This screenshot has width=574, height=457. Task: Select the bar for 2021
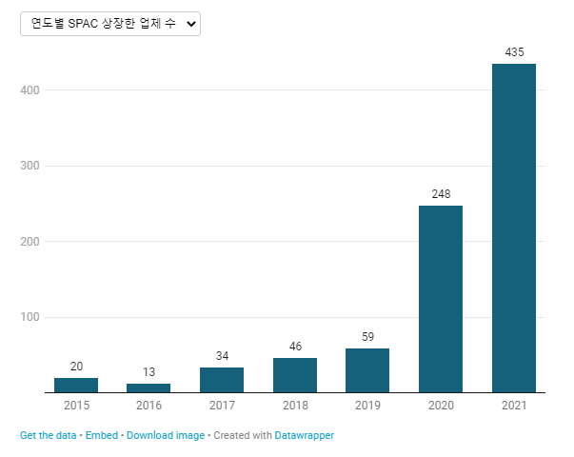[514, 228]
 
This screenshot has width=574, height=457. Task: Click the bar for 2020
[441, 299]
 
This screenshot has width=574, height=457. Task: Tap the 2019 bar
[367, 370]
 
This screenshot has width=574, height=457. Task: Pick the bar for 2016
[148, 387]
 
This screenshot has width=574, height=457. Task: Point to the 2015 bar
[76, 385]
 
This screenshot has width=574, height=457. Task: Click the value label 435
[514, 52]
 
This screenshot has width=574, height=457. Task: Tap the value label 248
[441, 193]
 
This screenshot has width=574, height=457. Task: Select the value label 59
[367, 336]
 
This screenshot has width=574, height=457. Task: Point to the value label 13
[148, 371]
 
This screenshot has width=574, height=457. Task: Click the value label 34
[222, 355]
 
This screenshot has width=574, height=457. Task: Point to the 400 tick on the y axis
[30, 90]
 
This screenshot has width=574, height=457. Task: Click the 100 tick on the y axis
[30, 317]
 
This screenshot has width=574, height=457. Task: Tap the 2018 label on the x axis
[295, 405]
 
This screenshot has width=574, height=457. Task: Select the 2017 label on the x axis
[222, 405]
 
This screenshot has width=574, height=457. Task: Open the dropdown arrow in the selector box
[191, 24]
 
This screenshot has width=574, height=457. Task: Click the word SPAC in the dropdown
[83, 24]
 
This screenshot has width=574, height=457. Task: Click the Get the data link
[48, 435]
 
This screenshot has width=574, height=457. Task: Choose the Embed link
[102, 435]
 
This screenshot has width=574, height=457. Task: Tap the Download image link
[166, 435]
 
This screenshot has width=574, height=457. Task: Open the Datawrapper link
[305, 435]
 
